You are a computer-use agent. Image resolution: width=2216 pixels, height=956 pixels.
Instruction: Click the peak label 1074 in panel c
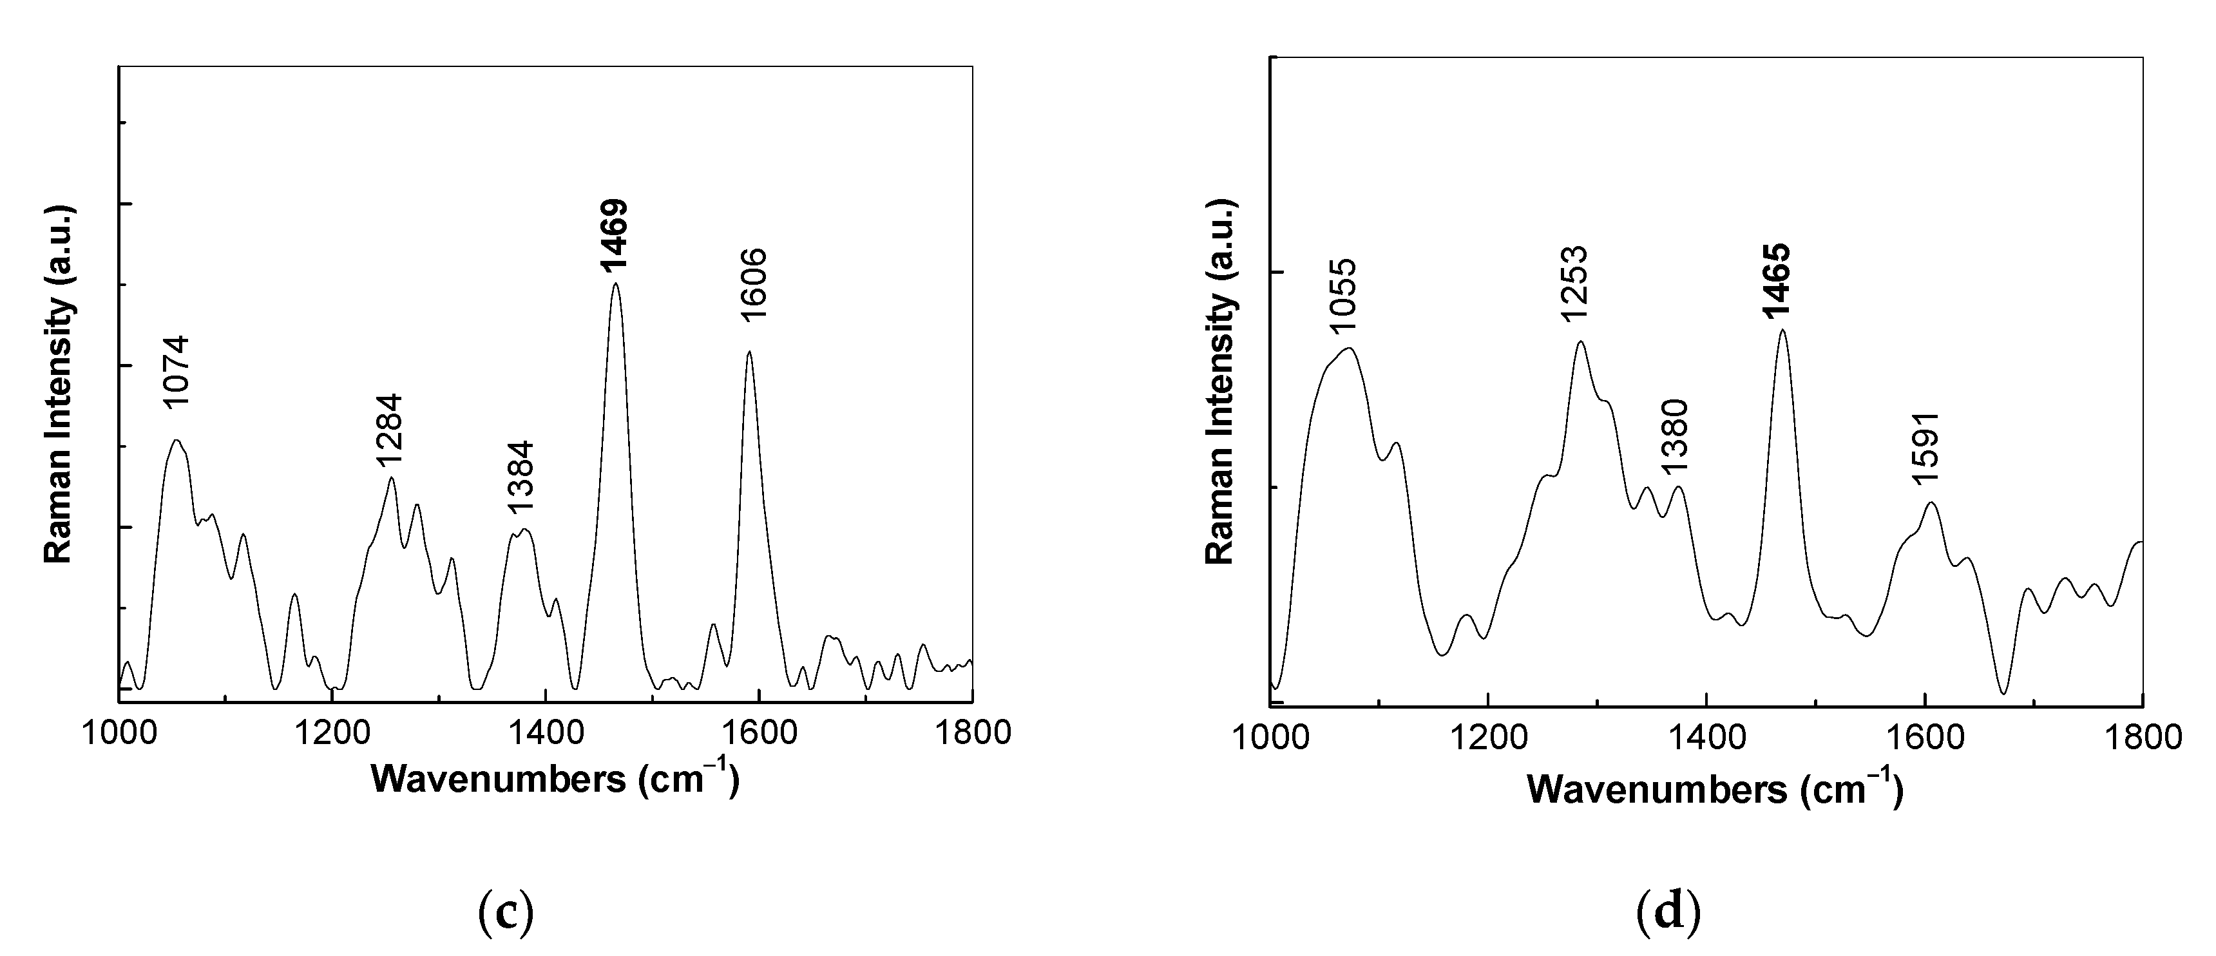coord(175,372)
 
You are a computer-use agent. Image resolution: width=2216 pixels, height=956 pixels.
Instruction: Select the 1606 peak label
coord(752,285)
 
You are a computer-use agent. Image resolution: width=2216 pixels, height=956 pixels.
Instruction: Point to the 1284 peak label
coord(389,430)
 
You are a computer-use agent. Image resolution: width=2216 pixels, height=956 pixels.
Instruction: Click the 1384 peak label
coord(521,477)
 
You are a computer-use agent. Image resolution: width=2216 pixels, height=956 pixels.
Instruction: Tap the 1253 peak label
coord(1574,284)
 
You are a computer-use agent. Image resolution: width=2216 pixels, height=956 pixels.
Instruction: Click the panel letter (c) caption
coord(505,912)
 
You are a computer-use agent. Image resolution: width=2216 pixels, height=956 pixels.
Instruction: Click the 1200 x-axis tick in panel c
coord(332,733)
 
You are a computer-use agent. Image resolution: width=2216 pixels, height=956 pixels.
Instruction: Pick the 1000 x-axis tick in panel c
coord(120,733)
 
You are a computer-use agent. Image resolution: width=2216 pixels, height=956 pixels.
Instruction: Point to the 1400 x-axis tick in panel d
coord(1706,738)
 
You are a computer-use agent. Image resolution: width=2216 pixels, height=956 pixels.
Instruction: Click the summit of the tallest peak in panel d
coord(1782,330)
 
